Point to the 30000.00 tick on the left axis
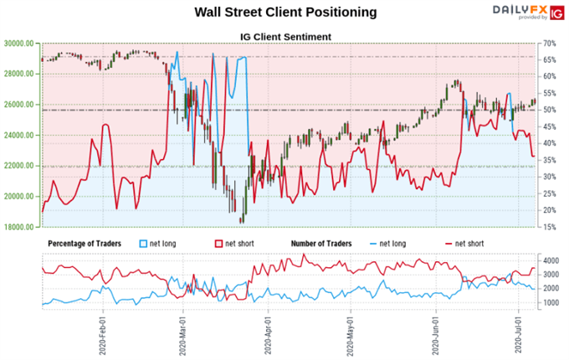tap(19, 43)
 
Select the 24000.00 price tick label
tap(19, 135)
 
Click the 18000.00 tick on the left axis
tap(19, 227)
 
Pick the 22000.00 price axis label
tap(19, 166)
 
